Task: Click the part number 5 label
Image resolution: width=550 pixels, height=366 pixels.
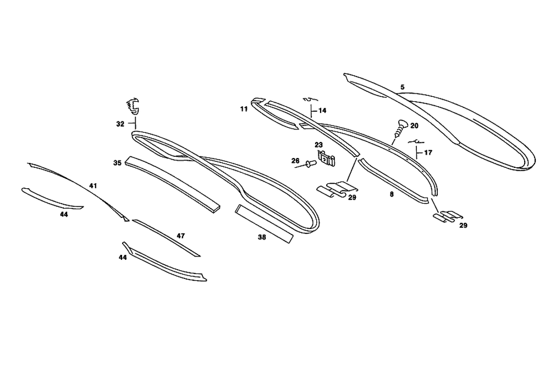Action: [x=403, y=88]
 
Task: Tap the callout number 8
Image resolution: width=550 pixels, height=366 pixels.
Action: [x=392, y=194]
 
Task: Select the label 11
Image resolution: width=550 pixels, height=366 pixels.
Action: [x=244, y=110]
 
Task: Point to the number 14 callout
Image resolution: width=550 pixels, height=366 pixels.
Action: [x=322, y=111]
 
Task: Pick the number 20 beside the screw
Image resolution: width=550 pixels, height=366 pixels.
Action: [x=414, y=125]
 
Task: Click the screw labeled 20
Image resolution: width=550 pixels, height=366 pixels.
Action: [x=398, y=129]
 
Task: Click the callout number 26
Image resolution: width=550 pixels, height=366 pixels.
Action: [x=295, y=161]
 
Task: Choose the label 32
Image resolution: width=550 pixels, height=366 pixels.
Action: [x=120, y=124]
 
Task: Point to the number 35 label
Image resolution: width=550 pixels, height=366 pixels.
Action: [x=117, y=163]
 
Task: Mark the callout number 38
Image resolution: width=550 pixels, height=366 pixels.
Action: [x=262, y=238]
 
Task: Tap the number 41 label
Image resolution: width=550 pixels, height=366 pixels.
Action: [x=94, y=186]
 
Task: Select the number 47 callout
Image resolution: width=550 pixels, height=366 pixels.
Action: [x=180, y=236]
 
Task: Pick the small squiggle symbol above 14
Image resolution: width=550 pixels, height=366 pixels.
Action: [x=309, y=99]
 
